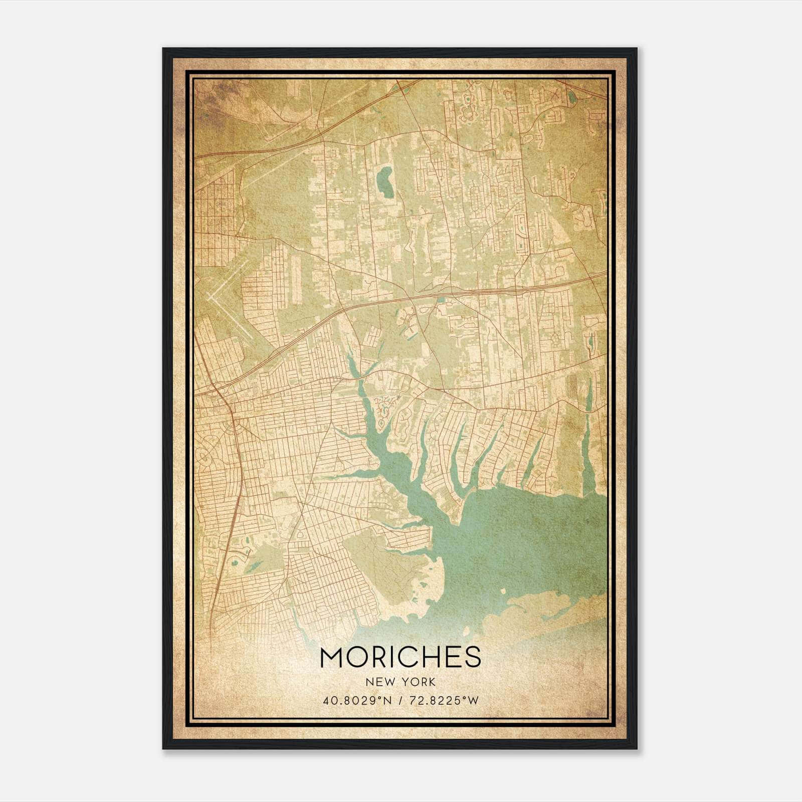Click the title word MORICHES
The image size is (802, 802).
[x=400, y=657]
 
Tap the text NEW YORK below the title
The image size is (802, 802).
[x=400, y=682]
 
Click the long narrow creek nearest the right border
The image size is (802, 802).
[x=589, y=441]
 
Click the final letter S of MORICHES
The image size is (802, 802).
[x=473, y=657]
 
